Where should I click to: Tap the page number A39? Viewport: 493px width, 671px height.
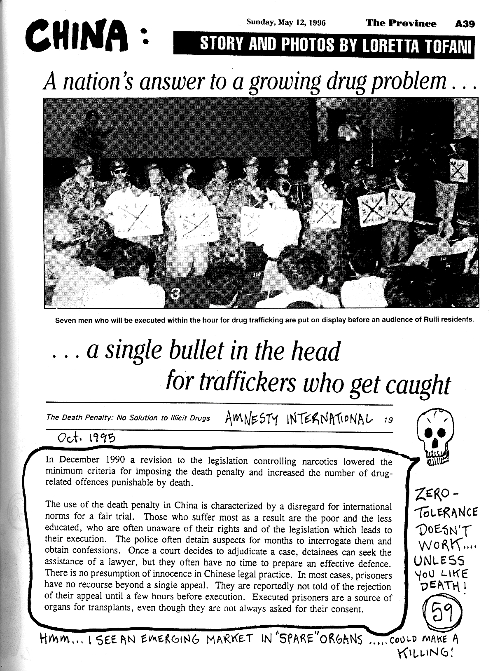[465, 24]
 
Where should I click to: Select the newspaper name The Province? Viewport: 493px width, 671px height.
[401, 23]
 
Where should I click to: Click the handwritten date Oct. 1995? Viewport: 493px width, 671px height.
[86, 438]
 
